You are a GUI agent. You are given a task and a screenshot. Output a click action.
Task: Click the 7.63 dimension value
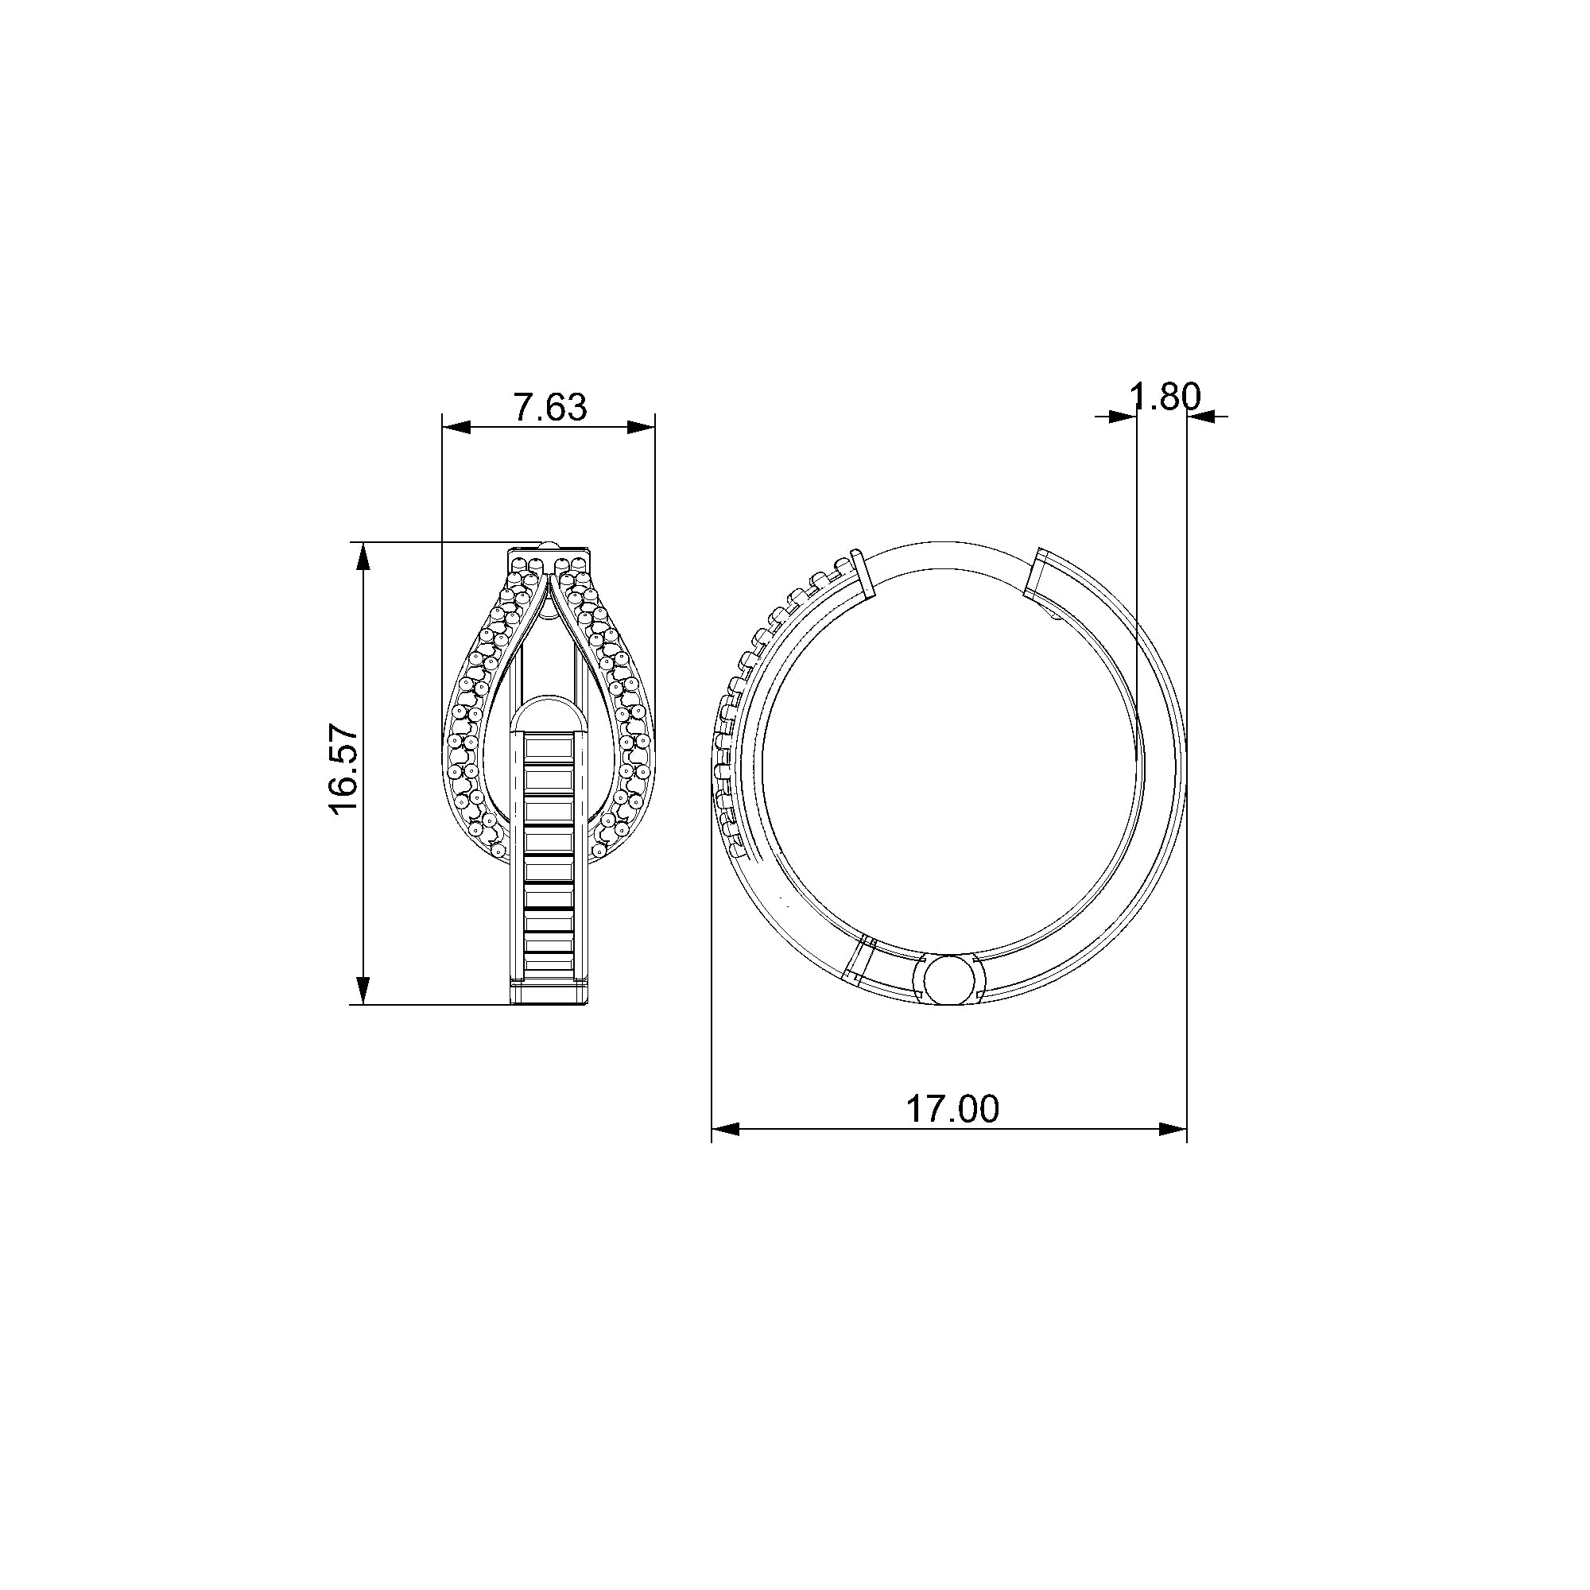coord(550,407)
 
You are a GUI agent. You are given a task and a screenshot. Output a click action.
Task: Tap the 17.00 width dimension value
coord(952,1108)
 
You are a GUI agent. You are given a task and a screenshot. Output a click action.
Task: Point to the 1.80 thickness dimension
coord(1165,397)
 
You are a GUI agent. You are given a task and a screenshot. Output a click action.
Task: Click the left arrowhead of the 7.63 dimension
coord(456,427)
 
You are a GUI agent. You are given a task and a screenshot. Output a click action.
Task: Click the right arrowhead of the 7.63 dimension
coord(642,427)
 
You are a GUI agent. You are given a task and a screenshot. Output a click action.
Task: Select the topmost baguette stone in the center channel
coord(549,748)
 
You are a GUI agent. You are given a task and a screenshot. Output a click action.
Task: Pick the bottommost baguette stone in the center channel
coord(549,960)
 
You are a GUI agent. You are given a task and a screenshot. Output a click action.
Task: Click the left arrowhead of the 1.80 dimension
coord(1123,417)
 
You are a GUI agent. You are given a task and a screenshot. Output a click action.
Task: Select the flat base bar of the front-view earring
coord(549,992)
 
